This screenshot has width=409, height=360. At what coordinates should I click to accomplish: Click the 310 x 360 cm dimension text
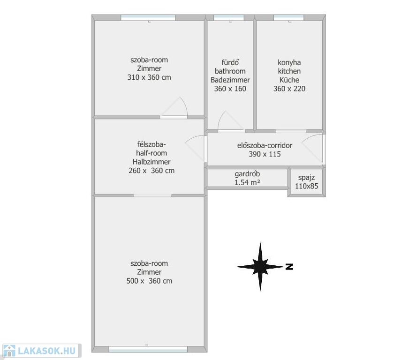click(x=149, y=77)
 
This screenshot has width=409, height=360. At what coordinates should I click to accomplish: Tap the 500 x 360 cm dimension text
click(x=149, y=281)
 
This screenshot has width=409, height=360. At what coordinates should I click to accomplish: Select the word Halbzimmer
click(x=151, y=162)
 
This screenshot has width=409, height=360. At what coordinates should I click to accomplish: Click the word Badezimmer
click(x=230, y=80)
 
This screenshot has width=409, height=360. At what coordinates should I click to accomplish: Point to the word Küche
click(x=289, y=80)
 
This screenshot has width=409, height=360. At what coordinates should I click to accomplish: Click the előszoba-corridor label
click(x=265, y=145)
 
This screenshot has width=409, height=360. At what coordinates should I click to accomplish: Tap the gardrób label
click(x=247, y=174)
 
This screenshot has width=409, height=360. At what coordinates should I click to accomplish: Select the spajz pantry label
click(x=306, y=178)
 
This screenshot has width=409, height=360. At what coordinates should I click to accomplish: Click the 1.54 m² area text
click(x=247, y=182)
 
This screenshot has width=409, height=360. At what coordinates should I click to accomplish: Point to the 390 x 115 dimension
click(x=265, y=154)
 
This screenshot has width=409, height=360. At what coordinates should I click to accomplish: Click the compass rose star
click(x=260, y=267)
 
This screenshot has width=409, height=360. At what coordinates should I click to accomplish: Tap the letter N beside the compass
click(x=289, y=267)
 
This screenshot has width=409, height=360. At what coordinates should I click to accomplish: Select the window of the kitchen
click(x=289, y=17)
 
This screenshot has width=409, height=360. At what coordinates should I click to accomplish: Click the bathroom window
click(x=229, y=17)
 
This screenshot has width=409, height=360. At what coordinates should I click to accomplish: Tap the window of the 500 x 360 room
click(x=148, y=349)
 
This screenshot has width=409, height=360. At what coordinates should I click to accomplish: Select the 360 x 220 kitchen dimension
click(x=289, y=89)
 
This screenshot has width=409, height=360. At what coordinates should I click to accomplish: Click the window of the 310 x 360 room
click(x=148, y=17)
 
